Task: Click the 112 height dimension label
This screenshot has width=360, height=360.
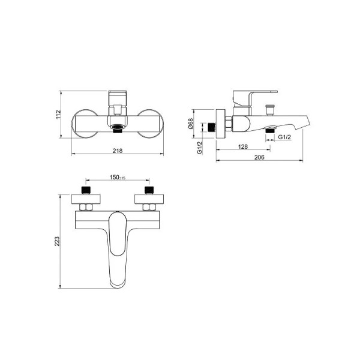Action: [x=58, y=115]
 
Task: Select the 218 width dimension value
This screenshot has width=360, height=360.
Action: [x=118, y=151]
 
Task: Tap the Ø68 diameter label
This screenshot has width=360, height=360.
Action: [x=191, y=124]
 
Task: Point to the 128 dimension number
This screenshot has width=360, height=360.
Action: [x=243, y=146]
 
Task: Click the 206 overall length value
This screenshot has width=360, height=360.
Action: [x=259, y=157]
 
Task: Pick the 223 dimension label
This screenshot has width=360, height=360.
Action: [x=57, y=241]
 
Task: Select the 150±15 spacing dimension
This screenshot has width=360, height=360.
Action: [x=118, y=178]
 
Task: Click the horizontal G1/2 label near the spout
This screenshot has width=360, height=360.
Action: [x=284, y=137]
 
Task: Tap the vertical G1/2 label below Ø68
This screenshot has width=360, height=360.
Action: [x=200, y=148]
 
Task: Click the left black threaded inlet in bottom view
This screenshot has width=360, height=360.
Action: [x=86, y=190]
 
